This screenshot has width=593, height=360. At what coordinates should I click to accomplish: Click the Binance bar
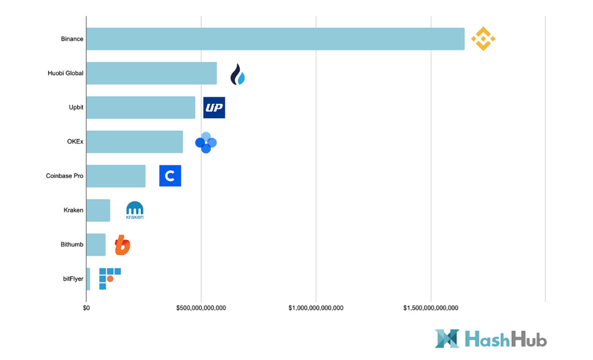click(275, 39)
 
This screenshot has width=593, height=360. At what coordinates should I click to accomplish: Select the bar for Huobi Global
click(152, 74)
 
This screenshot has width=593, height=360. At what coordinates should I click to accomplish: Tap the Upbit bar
click(141, 108)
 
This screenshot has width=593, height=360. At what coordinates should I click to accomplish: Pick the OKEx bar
click(134, 142)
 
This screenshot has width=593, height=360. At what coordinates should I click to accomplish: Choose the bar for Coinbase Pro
click(116, 176)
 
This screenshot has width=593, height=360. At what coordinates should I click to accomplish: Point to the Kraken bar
click(98, 210)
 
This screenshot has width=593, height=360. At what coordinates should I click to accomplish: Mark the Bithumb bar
click(96, 244)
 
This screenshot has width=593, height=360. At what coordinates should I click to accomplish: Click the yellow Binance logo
click(483, 39)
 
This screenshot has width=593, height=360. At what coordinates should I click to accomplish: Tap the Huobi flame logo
click(237, 75)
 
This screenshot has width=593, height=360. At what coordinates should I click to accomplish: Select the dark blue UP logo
click(214, 108)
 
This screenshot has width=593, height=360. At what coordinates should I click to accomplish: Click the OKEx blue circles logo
click(206, 142)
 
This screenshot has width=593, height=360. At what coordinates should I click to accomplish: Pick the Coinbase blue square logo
click(170, 176)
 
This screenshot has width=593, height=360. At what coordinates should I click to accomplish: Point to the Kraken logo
click(135, 211)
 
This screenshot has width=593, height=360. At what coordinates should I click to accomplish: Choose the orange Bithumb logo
click(122, 245)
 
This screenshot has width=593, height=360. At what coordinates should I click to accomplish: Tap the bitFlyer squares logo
click(109, 278)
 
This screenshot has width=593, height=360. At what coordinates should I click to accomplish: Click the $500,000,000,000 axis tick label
click(201, 308)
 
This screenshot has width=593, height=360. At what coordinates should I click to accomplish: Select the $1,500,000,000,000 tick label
click(430, 308)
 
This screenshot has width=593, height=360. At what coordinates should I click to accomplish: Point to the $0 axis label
click(86, 308)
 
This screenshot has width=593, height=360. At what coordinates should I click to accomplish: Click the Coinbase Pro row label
click(64, 176)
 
